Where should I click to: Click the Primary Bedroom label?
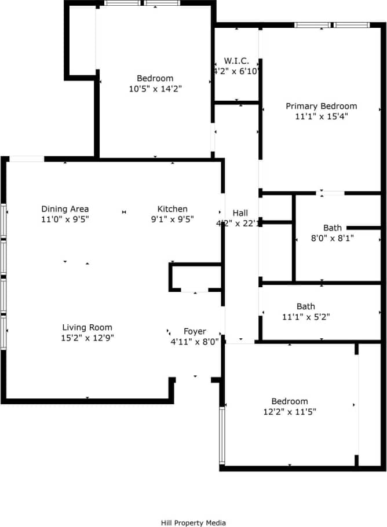click(x=322, y=106)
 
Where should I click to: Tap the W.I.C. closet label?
click(x=236, y=61)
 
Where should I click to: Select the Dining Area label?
click(x=65, y=209)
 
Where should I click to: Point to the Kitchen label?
click(x=173, y=209)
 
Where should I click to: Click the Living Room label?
click(x=87, y=327)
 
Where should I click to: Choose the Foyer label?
click(x=195, y=331)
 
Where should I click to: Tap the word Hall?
click(x=240, y=213)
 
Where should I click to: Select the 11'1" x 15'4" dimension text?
click(x=322, y=116)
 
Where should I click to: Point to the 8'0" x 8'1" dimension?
click(x=333, y=237)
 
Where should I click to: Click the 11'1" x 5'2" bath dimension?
click(x=306, y=317)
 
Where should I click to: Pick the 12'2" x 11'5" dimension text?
click(x=290, y=412)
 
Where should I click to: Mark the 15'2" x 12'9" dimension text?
click(x=87, y=338)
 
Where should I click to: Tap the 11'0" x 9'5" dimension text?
click(x=65, y=219)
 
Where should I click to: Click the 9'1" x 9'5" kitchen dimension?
click(x=173, y=219)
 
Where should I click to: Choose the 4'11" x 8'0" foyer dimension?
click(x=195, y=342)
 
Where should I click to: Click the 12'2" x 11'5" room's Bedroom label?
click(x=290, y=401)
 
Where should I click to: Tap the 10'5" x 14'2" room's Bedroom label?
click(x=155, y=78)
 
